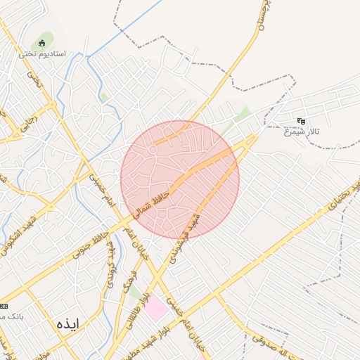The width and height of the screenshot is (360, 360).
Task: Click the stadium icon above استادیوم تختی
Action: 42,44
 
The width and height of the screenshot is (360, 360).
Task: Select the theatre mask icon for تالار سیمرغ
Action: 301,121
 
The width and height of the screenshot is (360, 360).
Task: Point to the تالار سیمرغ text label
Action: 300,131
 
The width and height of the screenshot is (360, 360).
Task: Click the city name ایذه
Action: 67,323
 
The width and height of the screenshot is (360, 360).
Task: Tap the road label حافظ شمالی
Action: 152,200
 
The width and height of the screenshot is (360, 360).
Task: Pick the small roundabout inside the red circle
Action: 153,149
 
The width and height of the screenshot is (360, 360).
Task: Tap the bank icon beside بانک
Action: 4,307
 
